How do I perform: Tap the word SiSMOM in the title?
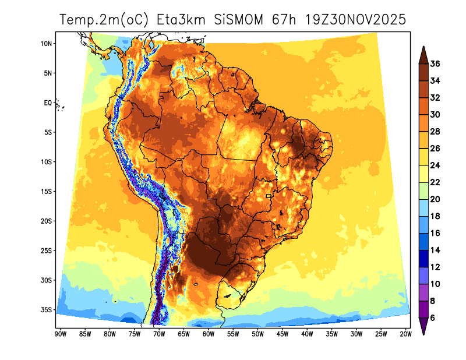[241, 20]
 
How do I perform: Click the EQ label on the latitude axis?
[48, 103]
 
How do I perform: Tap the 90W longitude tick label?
[59, 334]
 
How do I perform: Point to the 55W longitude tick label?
[232, 334]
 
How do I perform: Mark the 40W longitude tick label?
[307, 334]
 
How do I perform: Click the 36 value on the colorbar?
[435, 63]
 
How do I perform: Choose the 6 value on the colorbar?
[433, 318]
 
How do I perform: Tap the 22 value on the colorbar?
[435, 182]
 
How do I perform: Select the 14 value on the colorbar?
[435, 250]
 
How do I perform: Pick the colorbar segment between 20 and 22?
[423, 190]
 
